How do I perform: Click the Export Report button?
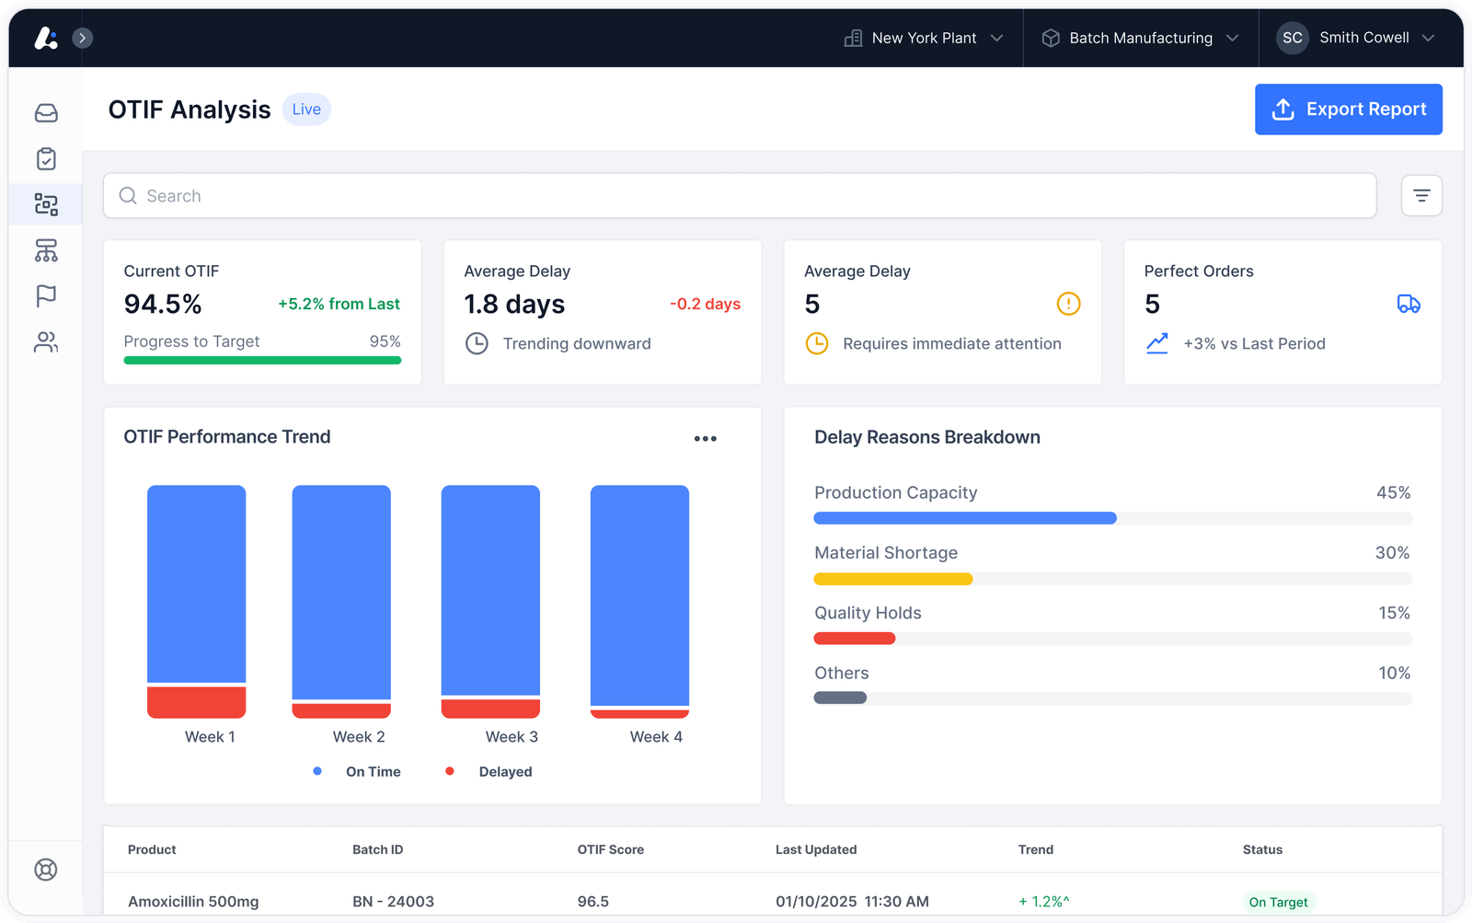[1349, 110]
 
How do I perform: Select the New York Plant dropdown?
[924, 38]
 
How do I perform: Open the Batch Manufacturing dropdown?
[1140, 38]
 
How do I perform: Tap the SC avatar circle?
[1292, 38]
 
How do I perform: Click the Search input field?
[740, 196]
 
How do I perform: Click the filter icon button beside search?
[1421, 196]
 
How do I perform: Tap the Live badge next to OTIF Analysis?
[306, 110]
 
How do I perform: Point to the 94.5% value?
[162, 304]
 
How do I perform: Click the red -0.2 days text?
[705, 304]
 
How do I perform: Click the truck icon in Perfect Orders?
[1409, 304]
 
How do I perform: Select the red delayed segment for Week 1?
[197, 702]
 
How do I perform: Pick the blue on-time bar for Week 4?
[639, 595]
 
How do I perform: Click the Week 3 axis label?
[512, 737]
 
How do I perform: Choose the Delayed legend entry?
[489, 772]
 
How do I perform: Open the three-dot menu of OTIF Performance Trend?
[705, 438]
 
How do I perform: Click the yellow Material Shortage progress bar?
[893, 579]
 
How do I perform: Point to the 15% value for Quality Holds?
[1394, 613]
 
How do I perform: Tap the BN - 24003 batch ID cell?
[393, 901]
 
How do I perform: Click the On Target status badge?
[1278, 902]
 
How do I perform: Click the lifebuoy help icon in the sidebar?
[46, 870]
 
